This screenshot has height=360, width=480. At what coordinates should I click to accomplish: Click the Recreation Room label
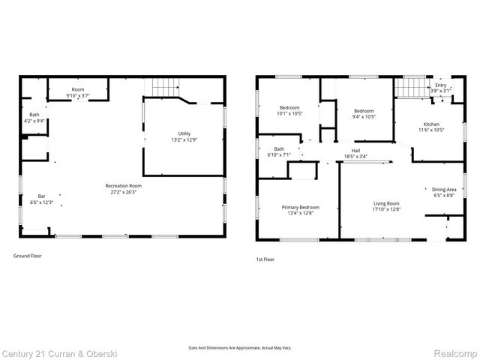pos(124,185)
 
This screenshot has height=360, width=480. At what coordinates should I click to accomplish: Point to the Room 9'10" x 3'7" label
pos(78,95)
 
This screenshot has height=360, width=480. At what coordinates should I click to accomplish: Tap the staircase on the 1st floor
pos(409,88)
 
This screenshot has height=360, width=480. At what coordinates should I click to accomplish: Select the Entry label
pos(440,85)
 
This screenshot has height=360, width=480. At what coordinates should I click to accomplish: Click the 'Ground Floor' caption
pos(28,256)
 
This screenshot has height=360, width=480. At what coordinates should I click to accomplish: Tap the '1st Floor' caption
pos(265,259)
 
